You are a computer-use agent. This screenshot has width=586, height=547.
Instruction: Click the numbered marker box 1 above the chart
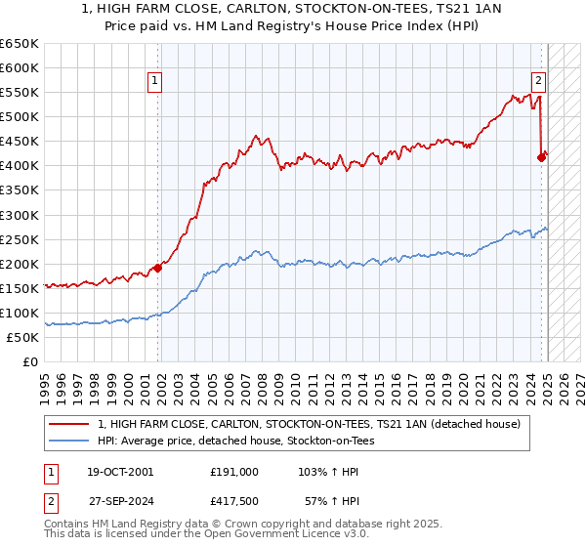click(x=156, y=82)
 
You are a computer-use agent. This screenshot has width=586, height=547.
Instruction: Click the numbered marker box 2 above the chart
click(x=538, y=82)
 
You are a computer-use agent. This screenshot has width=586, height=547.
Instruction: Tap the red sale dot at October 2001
click(x=157, y=268)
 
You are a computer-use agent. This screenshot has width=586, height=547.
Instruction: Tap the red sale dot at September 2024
click(x=541, y=156)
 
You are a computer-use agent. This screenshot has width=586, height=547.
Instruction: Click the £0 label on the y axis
click(x=29, y=361)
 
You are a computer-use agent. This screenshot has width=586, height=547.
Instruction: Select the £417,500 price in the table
click(x=234, y=503)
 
